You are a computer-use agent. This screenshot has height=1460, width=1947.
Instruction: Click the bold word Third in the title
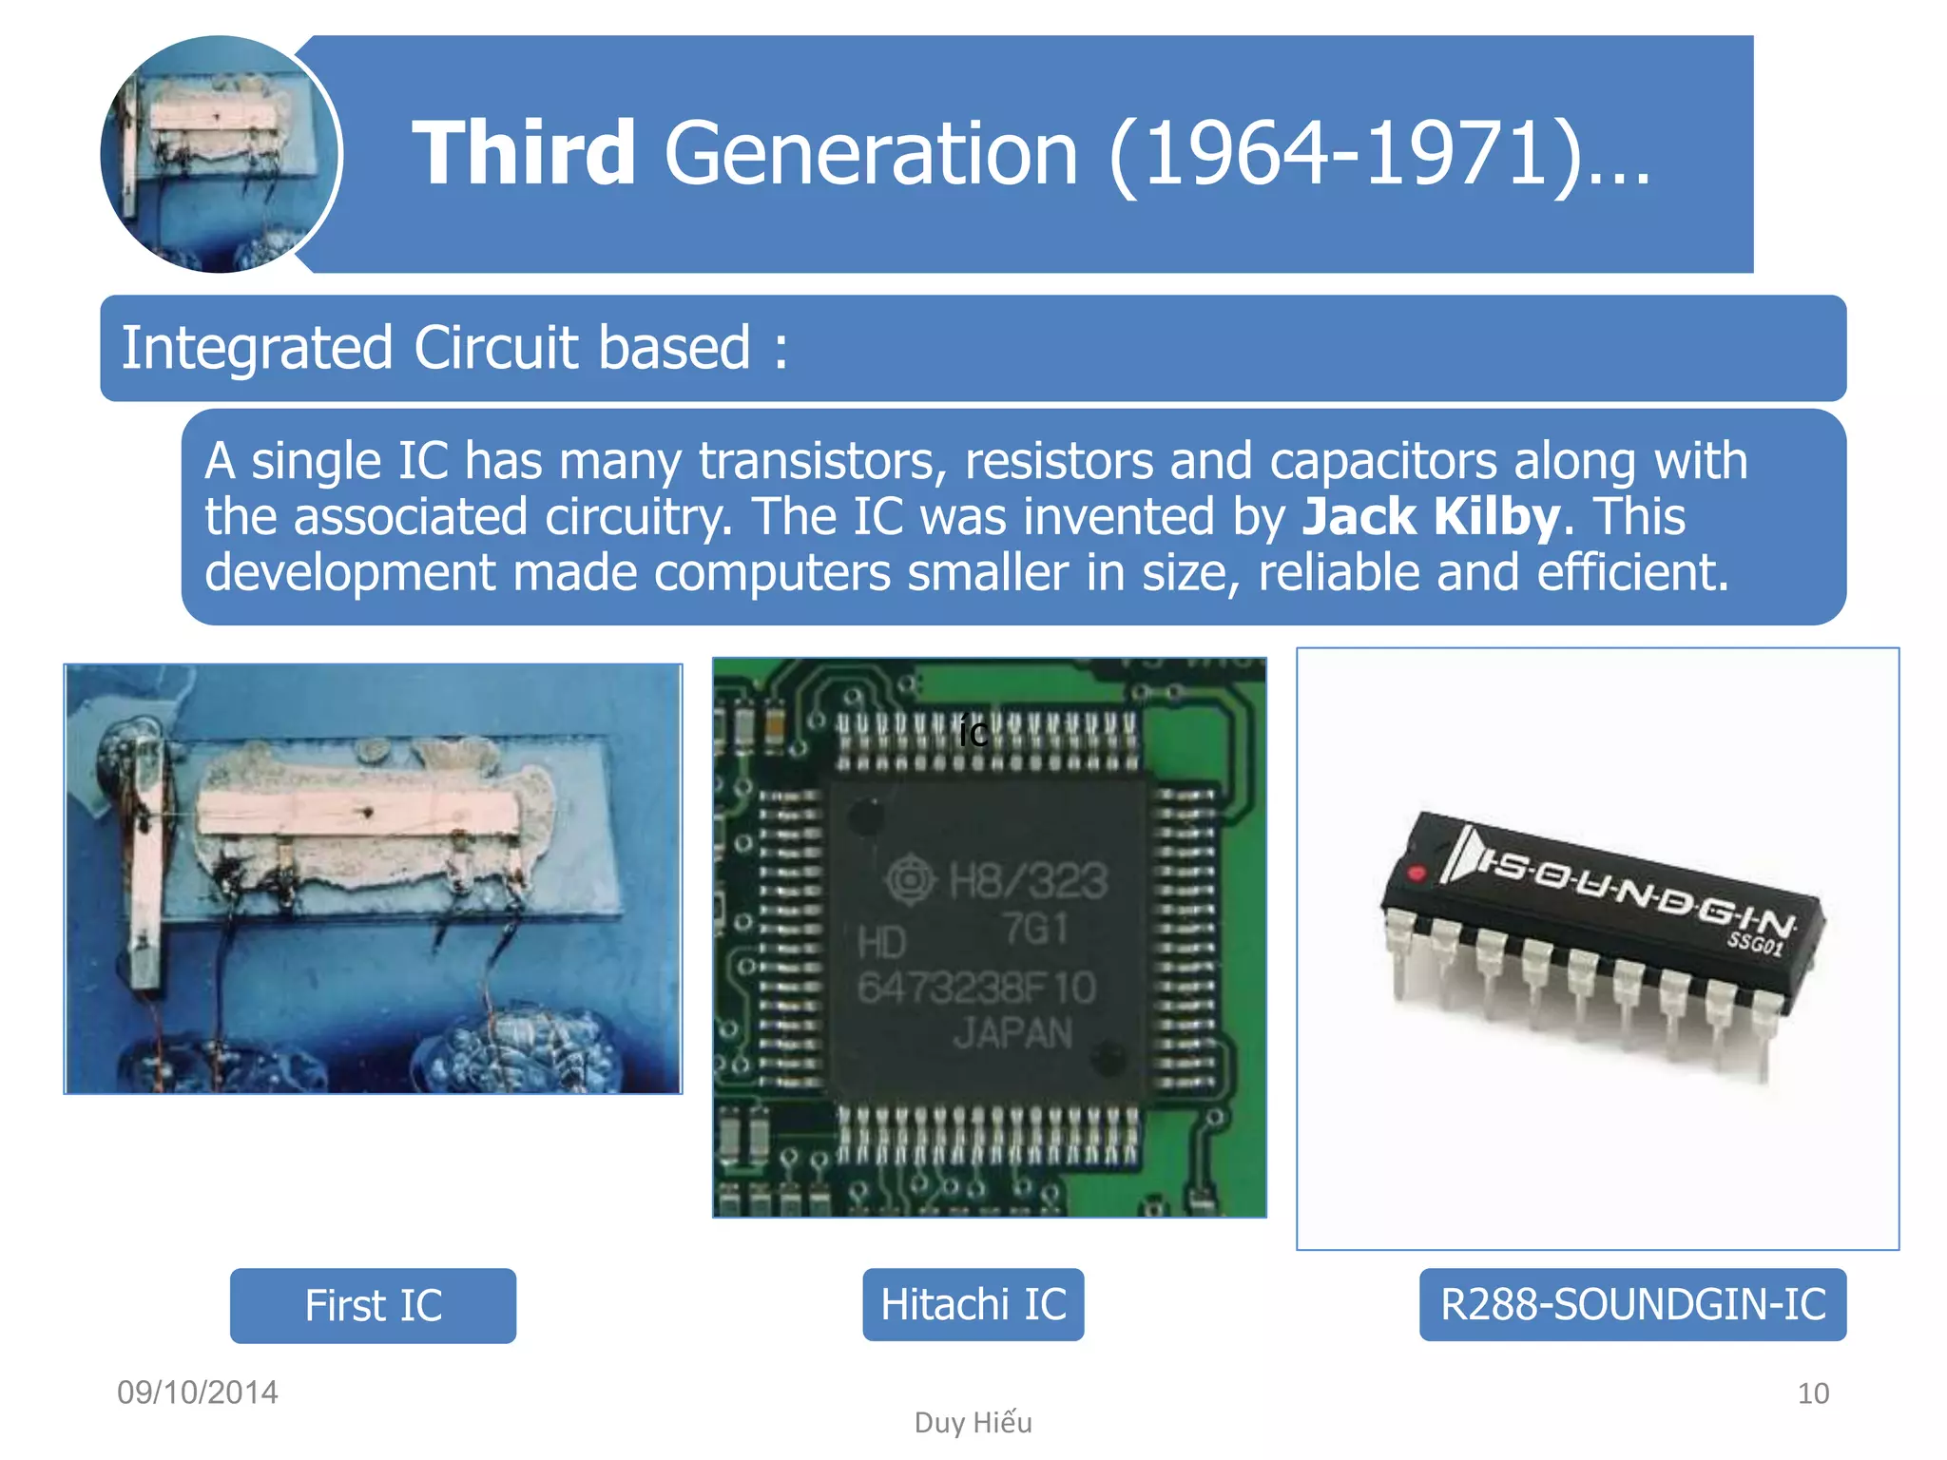pyautogui.click(x=524, y=153)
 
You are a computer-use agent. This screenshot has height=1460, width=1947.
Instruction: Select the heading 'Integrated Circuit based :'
pyautogui.click(x=454, y=348)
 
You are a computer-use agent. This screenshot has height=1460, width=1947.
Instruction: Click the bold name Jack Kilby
pyautogui.click(x=1431, y=517)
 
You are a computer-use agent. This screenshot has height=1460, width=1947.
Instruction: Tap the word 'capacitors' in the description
pyautogui.click(x=1383, y=462)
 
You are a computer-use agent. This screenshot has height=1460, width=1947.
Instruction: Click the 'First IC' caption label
pyautogui.click(x=373, y=1305)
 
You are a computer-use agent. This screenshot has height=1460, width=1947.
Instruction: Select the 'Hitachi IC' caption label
pyautogui.click(x=973, y=1304)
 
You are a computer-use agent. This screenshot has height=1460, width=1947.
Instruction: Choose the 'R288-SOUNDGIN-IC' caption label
pyautogui.click(x=1632, y=1304)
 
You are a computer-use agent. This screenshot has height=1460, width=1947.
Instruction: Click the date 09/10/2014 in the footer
pyautogui.click(x=198, y=1393)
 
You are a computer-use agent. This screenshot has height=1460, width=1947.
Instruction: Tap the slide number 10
pyautogui.click(x=1813, y=1393)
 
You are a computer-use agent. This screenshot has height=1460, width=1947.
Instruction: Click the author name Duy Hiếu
pyautogui.click(x=973, y=1422)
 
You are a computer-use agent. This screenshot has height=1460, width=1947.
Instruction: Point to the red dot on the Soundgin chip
pyautogui.click(x=1417, y=873)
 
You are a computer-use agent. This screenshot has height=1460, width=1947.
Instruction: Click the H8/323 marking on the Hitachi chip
pyautogui.click(x=1029, y=880)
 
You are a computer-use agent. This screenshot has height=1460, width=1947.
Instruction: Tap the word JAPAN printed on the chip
pyautogui.click(x=1013, y=1033)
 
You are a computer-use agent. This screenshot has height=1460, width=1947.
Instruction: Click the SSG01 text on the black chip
pyautogui.click(x=1755, y=943)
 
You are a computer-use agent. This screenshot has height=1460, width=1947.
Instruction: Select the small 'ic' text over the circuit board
pyautogui.click(x=973, y=733)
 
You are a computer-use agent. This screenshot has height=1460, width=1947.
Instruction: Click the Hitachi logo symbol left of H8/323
pyautogui.click(x=911, y=879)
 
